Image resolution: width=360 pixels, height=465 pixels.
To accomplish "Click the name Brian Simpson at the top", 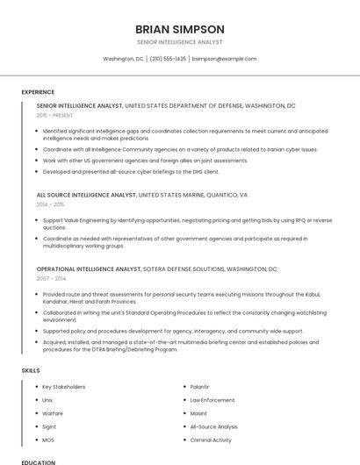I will [x=180, y=29].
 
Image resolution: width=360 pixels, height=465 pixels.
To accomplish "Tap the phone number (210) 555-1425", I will [x=168, y=59].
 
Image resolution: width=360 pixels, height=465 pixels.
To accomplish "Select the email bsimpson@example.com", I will [x=224, y=59].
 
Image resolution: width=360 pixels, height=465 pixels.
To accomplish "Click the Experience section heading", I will [x=38, y=92].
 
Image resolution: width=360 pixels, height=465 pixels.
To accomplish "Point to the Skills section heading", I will [x=31, y=370].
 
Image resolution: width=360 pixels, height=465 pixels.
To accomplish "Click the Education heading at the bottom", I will [x=39, y=462].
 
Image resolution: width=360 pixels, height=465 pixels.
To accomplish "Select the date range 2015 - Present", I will [x=55, y=115].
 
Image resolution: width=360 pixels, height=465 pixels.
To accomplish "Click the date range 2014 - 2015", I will [x=51, y=204].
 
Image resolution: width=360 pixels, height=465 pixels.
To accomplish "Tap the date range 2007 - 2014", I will [x=51, y=278].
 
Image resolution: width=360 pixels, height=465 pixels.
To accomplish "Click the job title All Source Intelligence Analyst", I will [x=86, y=195].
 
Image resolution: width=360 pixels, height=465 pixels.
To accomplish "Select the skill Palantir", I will [x=199, y=387].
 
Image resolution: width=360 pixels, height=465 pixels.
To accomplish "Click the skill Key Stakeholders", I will [x=64, y=387].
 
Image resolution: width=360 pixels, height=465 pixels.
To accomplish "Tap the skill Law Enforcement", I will [x=212, y=400].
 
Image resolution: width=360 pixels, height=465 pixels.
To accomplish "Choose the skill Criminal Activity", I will [x=211, y=440].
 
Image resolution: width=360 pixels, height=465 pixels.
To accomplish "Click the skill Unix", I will [x=47, y=400].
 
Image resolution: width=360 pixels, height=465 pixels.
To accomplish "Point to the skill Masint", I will [x=198, y=413].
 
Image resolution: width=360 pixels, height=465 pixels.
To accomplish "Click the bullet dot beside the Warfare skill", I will [x=35, y=413].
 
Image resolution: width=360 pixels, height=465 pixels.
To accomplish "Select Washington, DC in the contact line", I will [x=123, y=59].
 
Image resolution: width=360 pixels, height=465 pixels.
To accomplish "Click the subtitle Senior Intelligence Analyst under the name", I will [x=180, y=42].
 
